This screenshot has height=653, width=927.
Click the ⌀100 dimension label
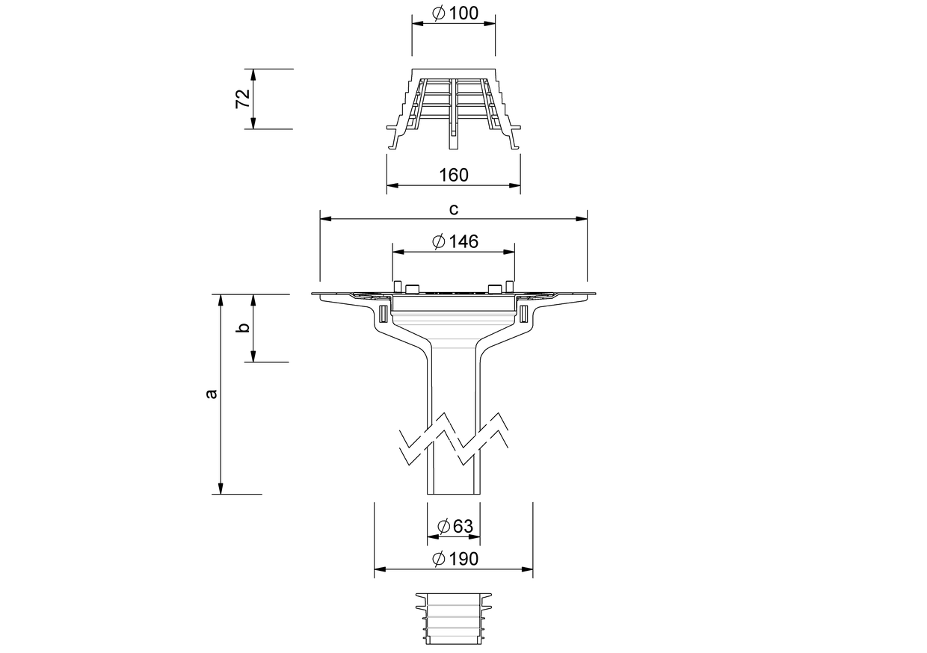click(x=455, y=13)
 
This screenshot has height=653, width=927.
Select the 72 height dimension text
click(x=243, y=99)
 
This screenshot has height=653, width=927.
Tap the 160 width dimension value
click(x=454, y=175)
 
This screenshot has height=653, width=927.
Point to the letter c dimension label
click(x=454, y=209)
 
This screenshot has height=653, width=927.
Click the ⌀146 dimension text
click(x=455, y=241)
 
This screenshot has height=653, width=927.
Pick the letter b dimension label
click(x=244, y=328)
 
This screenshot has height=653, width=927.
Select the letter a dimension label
click(x=212, y=394)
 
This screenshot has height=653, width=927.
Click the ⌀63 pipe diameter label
click(x=455, y=527)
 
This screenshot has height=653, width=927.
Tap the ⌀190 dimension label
click(x=455, y=559)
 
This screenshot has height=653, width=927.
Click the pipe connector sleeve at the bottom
click(x=454, y=619)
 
